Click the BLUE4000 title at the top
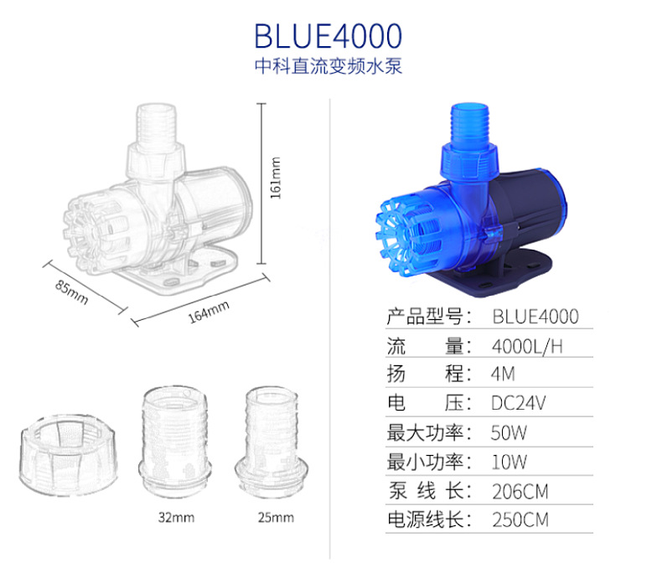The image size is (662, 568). click(x=328, y=36)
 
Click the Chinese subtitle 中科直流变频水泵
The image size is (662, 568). click(x=328, y=66)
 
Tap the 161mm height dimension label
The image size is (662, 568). click(x=275, y=178)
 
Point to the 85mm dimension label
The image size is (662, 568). click(x=72, y=292)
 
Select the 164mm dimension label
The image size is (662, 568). click(x=209, y=312)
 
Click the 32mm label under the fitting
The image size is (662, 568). click(x=176, y=518)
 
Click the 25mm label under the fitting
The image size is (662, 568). click(x=276, y=518)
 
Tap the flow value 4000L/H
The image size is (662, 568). click(x=527, y=347)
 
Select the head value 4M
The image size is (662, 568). click(x=503, y=374)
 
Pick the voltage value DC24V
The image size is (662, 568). click(x=519, y=403)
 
